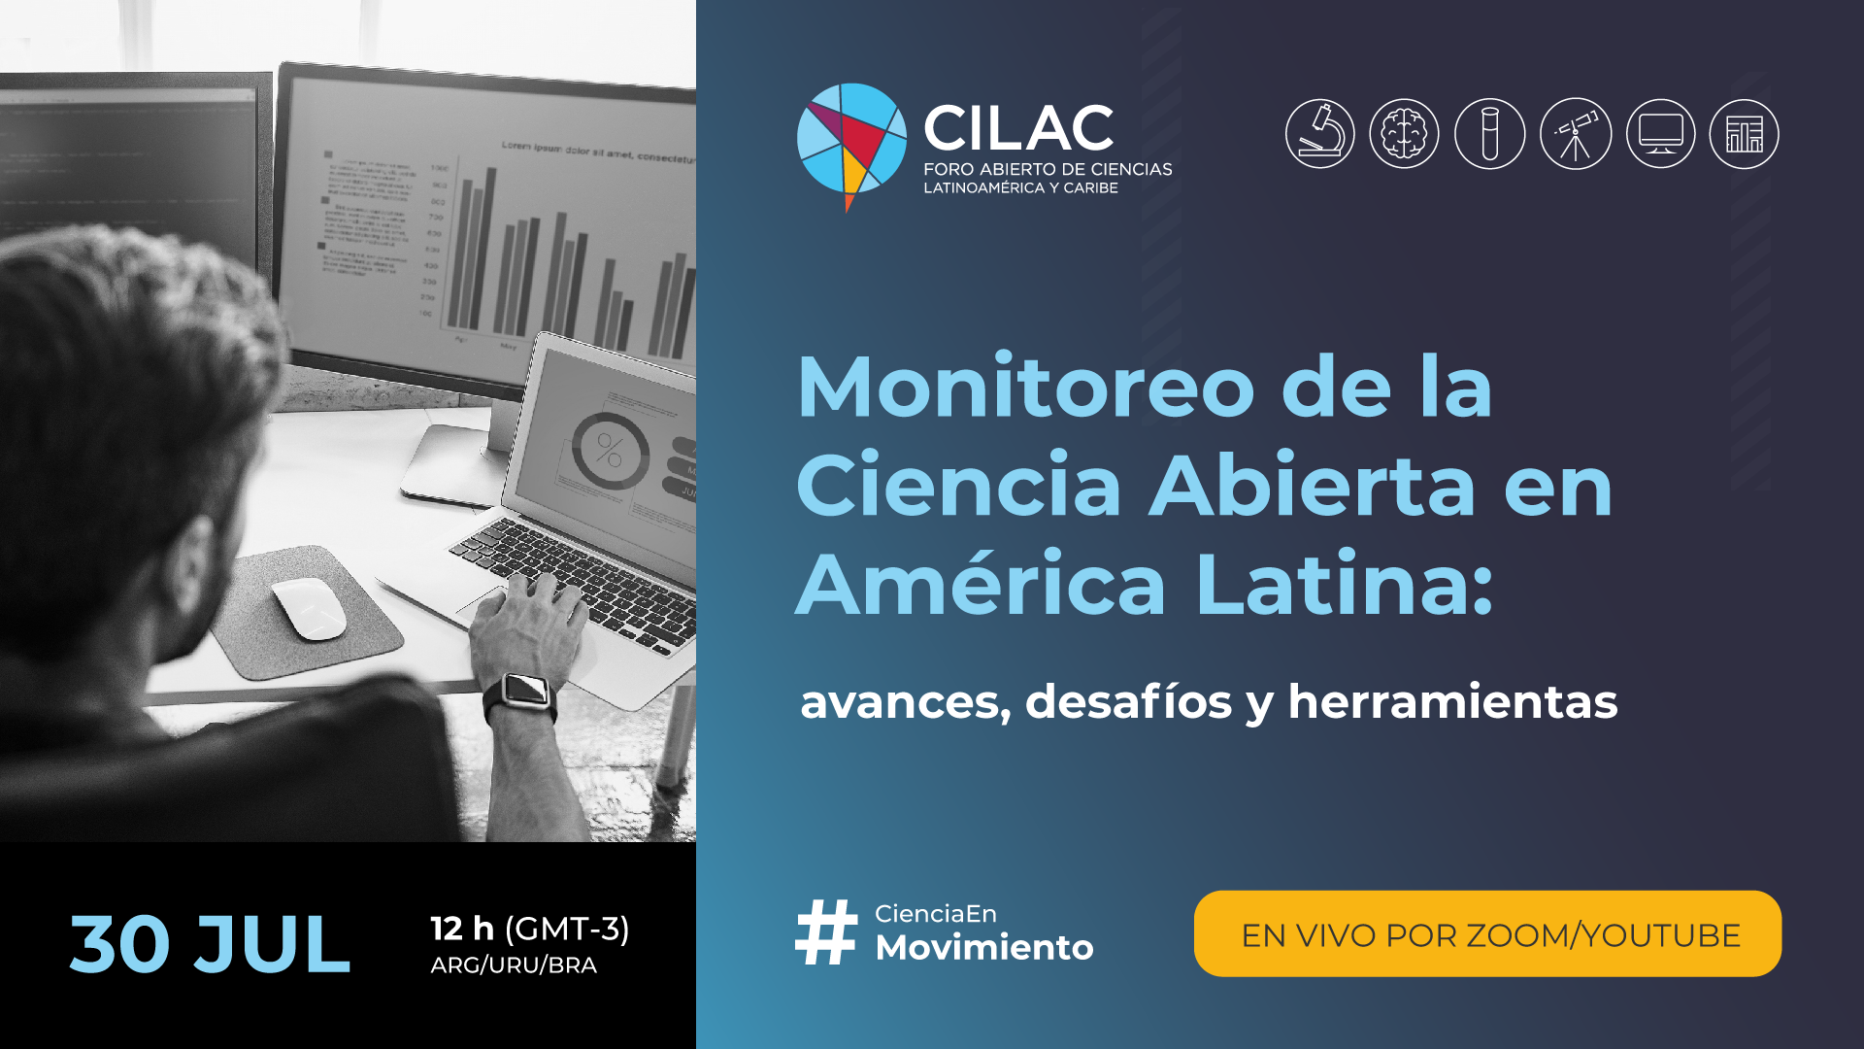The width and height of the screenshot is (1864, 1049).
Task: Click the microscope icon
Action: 1319,134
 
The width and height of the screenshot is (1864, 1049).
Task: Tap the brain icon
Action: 1404,134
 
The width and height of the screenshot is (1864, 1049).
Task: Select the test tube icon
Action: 1489,134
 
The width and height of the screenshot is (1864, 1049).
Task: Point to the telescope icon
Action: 1575,134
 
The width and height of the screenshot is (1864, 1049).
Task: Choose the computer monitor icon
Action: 1660,134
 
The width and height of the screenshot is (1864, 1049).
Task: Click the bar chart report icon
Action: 1745,134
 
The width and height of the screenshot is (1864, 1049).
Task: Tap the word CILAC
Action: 1018,128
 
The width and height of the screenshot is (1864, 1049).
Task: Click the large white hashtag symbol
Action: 826,932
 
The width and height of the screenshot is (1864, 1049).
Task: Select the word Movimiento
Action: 984,947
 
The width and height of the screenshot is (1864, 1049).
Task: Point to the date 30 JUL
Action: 210,944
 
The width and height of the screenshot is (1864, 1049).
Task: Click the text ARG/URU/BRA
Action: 514,964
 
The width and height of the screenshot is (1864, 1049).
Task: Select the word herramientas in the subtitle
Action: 1452,701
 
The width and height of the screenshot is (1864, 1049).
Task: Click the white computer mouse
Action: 310,609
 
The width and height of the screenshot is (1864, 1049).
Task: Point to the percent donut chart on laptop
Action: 610,451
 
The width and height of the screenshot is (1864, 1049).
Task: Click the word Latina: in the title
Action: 1345,584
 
